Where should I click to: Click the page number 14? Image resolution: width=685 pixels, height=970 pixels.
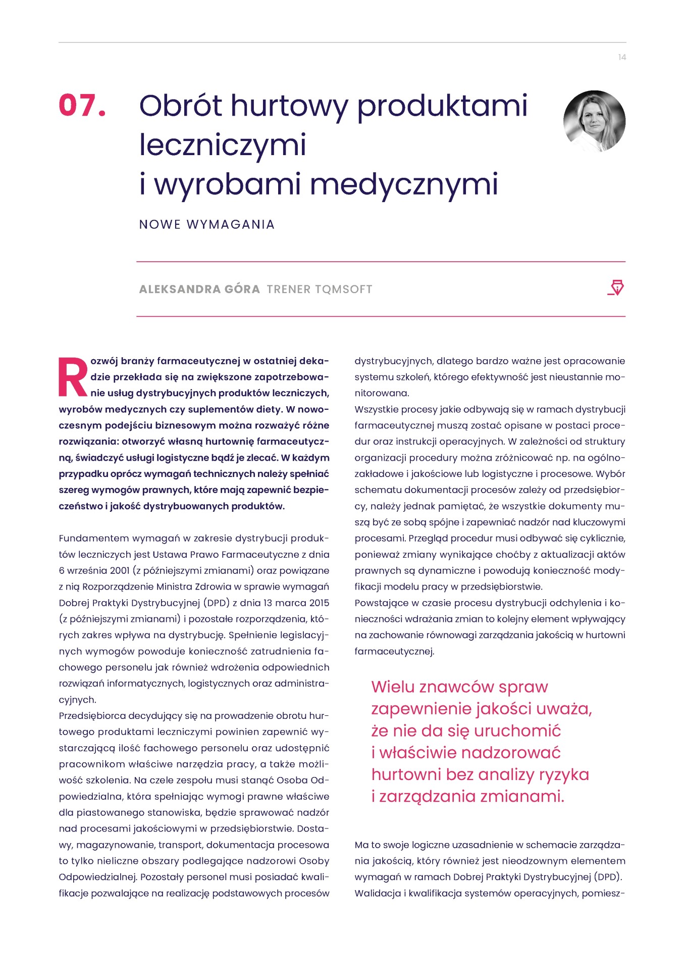pos(622,58)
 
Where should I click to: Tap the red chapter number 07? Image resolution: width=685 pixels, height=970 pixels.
pos(82,106)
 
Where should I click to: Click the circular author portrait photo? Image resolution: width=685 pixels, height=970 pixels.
pos(594,121)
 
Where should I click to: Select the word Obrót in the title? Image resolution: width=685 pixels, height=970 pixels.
pos(180,106)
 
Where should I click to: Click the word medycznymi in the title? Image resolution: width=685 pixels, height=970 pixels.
pos(403,184)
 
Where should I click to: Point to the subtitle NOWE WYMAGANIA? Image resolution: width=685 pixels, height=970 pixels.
pos(206,224)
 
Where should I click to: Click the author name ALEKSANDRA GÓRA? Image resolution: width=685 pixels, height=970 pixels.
pos(199,289)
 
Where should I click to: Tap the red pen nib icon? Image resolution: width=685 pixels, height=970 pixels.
pos(616,287)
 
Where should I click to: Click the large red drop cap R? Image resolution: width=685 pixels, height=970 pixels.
pos(73,377)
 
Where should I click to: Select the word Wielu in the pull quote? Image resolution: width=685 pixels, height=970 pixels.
pos(393,687)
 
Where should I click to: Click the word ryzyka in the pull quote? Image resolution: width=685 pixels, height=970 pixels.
pos(563,775)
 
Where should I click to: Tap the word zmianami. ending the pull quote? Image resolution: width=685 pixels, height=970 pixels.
pos(522,797)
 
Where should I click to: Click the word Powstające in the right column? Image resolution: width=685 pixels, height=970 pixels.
pos(382,603)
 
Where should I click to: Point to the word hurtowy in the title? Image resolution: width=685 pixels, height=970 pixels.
pos(289,106)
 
